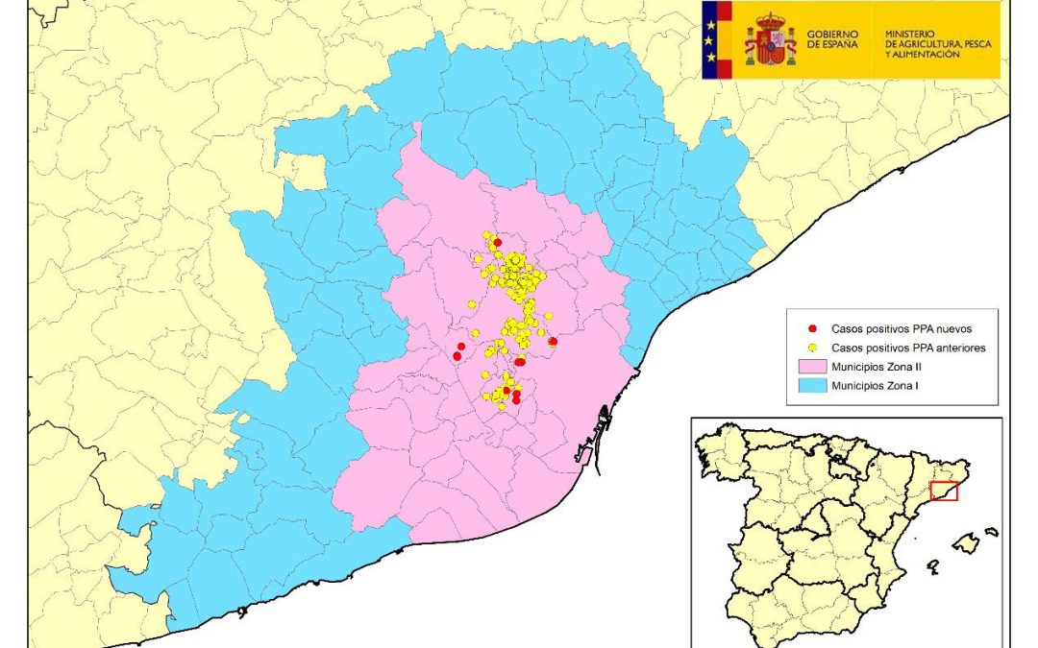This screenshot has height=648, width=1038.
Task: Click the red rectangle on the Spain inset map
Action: [944, 491]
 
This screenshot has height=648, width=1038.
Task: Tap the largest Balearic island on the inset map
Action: [965, 543]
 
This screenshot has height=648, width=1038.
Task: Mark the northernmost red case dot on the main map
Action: [497, 243]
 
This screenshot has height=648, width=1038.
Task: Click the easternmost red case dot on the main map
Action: [553, 341]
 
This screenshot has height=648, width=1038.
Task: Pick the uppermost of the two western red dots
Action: [461, 347]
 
